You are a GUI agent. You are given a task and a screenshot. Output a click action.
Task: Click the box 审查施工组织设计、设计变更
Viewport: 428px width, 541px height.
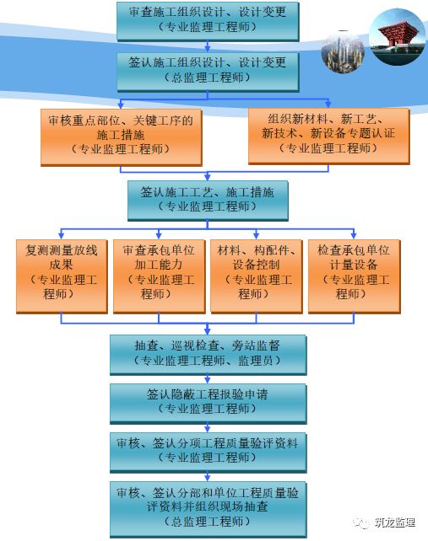(x=208, y=21)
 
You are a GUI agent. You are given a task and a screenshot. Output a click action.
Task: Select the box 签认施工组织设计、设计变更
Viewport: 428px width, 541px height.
(x=208, y=72)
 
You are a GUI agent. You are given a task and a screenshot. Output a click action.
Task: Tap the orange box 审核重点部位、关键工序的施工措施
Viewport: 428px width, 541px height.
(x=121, y=137)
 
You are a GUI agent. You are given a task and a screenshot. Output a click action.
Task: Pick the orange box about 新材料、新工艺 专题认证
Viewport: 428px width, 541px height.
(x=328, y=137)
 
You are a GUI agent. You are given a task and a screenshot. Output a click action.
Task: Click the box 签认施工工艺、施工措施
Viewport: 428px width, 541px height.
(x=208, y=201)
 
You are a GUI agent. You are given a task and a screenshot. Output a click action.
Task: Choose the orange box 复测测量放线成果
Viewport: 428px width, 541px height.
(x=62, y=276)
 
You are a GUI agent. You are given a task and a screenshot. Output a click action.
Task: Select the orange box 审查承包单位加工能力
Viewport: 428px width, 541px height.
(x=159, y=276)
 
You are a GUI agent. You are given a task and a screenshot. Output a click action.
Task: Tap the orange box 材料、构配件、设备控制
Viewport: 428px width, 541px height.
(x=256, y=276)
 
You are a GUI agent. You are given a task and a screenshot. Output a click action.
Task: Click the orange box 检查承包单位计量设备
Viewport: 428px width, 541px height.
(x=354, y=276)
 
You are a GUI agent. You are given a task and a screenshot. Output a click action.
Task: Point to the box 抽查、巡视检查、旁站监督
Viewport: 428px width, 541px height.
(x=209, y=355)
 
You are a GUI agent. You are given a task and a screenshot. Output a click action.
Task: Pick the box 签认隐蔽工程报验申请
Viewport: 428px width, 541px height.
(x=209, y=404)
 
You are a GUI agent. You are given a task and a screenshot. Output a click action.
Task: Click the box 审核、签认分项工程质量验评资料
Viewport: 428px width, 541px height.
(x=209, y=453)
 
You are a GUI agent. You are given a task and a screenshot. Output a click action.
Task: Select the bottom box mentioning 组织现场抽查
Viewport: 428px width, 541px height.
(x=209, y=510)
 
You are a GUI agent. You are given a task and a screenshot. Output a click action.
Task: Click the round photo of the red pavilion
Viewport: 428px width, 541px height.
(x=397, y=36)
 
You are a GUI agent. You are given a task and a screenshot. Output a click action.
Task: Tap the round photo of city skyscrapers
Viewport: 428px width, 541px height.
(x=343, y=52)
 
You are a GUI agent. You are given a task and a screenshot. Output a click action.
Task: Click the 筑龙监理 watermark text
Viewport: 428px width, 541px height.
(x=395, y=522)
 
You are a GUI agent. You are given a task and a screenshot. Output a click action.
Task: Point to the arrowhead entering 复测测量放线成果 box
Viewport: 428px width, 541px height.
(x=61, y=236)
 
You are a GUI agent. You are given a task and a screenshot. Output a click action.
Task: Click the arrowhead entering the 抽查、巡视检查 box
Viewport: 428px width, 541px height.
(x=208, y=331)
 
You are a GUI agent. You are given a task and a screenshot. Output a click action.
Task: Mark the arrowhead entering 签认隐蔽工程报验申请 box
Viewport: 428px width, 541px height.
(x=208, y=380)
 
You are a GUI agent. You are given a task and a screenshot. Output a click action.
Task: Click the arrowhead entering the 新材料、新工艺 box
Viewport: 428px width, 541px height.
(x=328, y=104)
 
